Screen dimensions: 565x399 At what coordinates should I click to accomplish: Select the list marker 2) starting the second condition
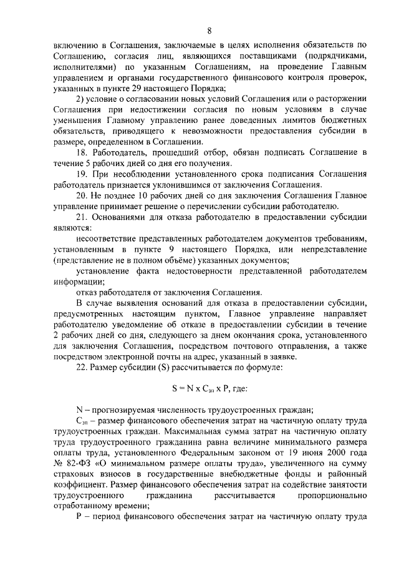pos(79,103)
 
